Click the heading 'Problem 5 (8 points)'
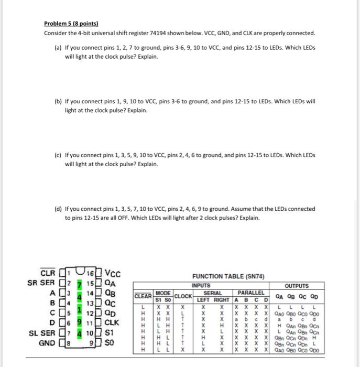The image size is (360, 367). (71, 24)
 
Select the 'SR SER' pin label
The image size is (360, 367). (40, 282)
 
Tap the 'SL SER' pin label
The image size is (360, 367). (40, 333)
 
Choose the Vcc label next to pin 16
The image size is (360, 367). (113, 273)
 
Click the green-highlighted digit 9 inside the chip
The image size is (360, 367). (80, 322)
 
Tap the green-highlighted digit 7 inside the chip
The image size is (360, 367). (80, 283)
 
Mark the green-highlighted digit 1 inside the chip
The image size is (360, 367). (80, 309)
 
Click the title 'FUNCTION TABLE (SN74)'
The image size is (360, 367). (228, 276)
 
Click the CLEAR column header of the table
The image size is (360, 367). (144, 296)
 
